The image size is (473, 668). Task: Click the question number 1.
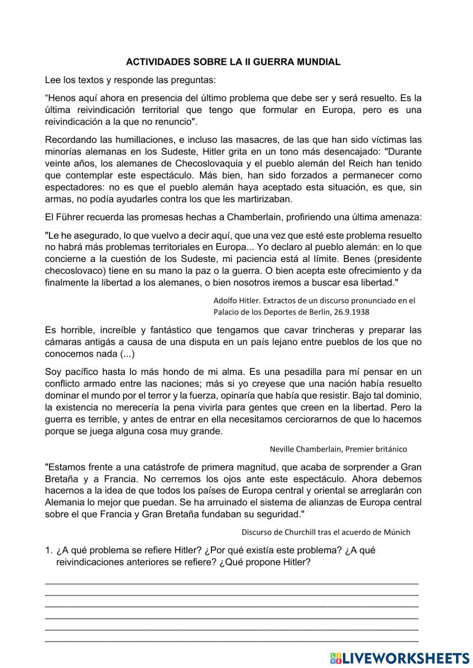(48, 550)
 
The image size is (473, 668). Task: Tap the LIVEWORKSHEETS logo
(400, 658)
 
